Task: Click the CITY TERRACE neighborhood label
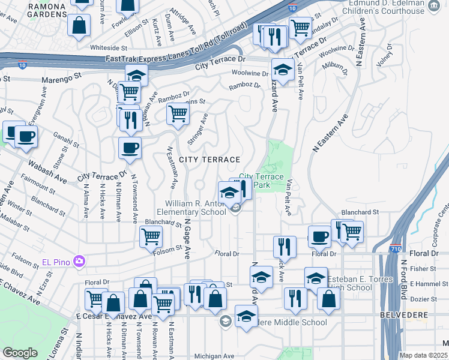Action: point(209,160)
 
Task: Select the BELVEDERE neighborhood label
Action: point(404,314)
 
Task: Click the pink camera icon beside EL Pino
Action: point(79,261)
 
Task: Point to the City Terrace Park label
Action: point(261,181)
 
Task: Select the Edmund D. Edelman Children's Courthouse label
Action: point(382,7)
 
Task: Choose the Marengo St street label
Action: point(61,78)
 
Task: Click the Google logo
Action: point(20,353)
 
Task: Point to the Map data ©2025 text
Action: point(423,355)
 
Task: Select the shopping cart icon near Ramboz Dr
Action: point(178,112)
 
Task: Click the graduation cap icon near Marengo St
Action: point(137,75)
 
